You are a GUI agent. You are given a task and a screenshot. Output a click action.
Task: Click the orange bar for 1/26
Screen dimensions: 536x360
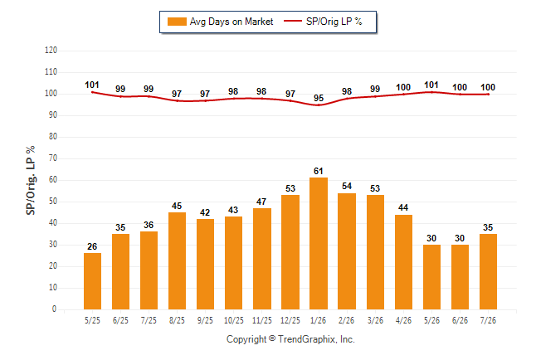319,243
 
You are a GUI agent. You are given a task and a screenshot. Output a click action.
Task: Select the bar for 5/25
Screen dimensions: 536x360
92,281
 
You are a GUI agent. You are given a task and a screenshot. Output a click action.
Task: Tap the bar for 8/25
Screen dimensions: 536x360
177,260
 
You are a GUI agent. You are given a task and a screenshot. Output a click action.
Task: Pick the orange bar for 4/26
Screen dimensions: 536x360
403,262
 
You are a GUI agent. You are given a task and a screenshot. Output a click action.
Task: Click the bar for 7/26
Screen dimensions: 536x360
488,271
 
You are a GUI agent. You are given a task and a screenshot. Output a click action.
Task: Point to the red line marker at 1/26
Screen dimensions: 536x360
319,105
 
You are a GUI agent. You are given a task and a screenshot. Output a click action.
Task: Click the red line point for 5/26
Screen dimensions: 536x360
431,92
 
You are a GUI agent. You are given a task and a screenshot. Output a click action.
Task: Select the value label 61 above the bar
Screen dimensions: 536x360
319,171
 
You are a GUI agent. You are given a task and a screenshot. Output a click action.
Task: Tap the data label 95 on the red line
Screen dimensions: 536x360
319,98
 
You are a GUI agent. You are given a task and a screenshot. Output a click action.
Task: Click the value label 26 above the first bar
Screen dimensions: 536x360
92,246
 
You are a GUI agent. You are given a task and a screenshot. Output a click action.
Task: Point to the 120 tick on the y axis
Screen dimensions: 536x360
51,51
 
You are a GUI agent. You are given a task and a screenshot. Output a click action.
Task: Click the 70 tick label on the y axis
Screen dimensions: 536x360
52,158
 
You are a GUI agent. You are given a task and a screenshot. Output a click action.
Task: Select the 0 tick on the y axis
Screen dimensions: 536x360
54,309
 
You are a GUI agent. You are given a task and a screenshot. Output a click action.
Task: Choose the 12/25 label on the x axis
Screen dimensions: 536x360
290,320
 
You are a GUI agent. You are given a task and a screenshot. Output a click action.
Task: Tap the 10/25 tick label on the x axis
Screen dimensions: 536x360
234,320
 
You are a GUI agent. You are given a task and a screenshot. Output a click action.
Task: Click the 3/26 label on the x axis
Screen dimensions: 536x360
375,320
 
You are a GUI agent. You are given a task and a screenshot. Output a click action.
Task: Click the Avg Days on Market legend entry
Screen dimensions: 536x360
220,22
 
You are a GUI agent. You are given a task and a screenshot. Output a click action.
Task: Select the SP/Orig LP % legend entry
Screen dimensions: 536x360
323,22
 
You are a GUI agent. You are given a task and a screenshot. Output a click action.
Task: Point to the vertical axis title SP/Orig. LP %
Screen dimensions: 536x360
31,180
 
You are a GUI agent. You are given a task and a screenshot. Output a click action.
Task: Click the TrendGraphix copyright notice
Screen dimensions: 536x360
290,339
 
